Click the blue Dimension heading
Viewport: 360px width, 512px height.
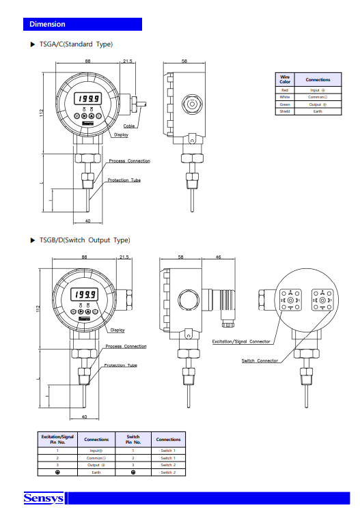point(47,25)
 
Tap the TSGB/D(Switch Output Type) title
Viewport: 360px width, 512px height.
point(84,240)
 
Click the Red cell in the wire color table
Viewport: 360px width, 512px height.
point(284,90)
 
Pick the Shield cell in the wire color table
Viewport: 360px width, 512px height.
point(284,111)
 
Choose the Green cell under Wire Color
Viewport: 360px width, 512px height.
point(284,104)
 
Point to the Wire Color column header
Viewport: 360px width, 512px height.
point(284,79)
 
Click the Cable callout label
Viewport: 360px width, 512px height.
point(128,126)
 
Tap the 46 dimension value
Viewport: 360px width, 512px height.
point(217,257)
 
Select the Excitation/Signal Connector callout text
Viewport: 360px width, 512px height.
point(241,341)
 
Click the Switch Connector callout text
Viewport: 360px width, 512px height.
point(260,360)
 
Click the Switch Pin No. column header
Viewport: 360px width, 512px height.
point(133,440)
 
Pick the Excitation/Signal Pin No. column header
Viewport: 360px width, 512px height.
point(57,440)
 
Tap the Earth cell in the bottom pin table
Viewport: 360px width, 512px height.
point(96,472)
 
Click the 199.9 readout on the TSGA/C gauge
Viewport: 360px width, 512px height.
point(87,98)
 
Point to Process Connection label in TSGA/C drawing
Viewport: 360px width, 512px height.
point(129,161)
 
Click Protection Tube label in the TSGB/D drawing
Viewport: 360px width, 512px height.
point(120,365)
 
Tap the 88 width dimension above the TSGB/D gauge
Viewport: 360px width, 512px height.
point(83,257)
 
